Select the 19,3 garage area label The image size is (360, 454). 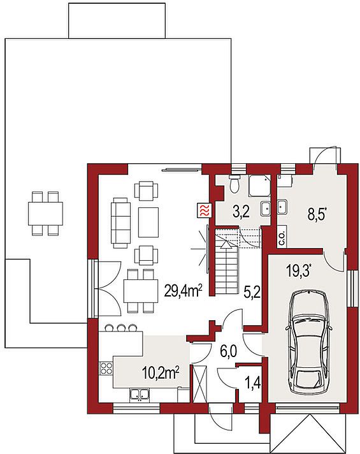pyautogui.click(x=299, y=272)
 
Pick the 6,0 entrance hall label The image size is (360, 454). pyautogui.click(x=228, y=352)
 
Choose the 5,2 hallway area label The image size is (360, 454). pyautogui.click(x=252, y=293)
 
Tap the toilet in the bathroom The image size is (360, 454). pyautogui.click(x=234, y=183)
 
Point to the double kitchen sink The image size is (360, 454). pyautogui.click(x=140, y=395)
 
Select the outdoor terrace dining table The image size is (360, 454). pyautogui.click(x=45, y=214)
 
